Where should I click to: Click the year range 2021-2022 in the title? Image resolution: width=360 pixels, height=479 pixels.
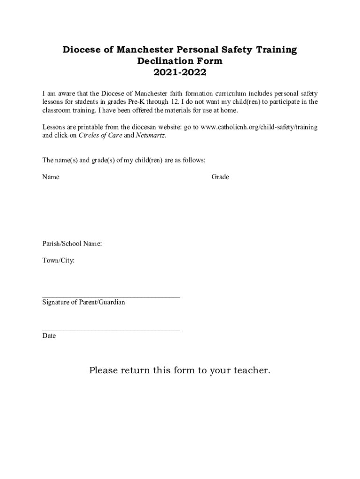pyautogui.click(x=180, y=73)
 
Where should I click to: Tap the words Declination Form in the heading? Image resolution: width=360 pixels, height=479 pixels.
pyautogui.click(x=180, y=61)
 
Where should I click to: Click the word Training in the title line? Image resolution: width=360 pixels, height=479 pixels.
pyautogui.click(x=275, y=50)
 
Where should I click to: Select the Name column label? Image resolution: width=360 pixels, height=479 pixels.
pyautogui.click(x=51, y=177)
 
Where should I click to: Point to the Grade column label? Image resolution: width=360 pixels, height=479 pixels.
pyautogui.click(x=220, y=177)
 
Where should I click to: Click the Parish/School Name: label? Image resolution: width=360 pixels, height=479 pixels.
pyautogui.click(x=72, y=244)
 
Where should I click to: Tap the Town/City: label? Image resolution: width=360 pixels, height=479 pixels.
pyautogui.click(x=58, y=260)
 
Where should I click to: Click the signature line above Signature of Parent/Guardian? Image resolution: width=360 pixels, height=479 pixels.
pyautogui.click(x=111, y=297)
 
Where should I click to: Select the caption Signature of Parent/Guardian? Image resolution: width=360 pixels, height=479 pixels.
pyautogui.click(x=84, y=303)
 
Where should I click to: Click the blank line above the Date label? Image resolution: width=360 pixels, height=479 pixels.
pyautogui.click(x=111, y=330)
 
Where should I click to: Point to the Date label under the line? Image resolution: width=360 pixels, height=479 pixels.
pyautogui.click(x=49, y=336)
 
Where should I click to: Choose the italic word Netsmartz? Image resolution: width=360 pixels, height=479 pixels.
pyautogui.click(x=150, y=136)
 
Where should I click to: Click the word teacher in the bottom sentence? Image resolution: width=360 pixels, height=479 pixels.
pyautogui.click(x=251, y=371)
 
